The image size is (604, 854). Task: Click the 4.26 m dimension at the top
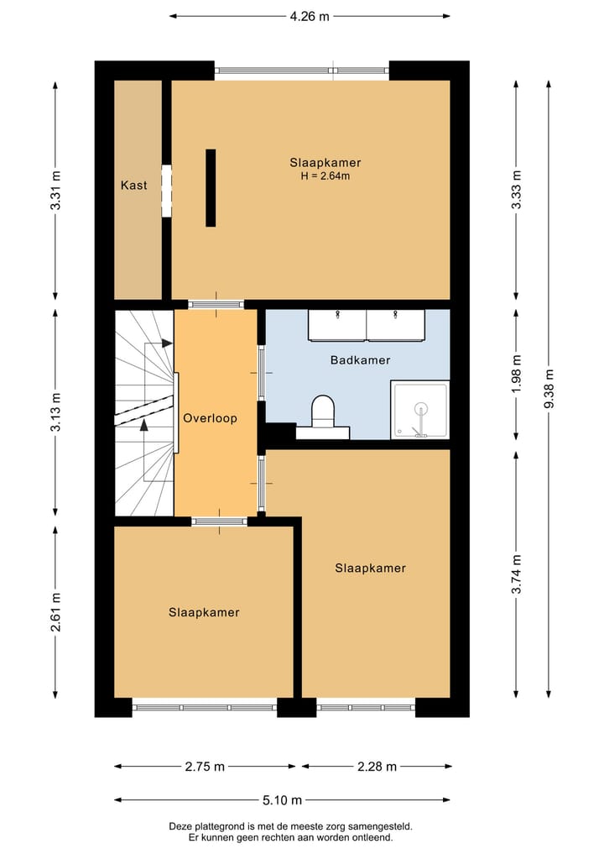click(310, 15)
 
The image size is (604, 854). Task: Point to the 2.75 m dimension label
click(205, 766)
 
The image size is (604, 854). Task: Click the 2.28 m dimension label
click(377, 766)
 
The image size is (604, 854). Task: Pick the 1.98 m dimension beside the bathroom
click(517, 375)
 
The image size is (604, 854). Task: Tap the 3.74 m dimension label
click(517, 574)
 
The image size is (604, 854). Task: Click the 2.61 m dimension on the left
click(55, 613)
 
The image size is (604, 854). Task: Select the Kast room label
click(133, 185)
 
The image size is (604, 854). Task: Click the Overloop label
click(211, 417)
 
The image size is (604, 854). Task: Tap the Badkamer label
click(360, 359)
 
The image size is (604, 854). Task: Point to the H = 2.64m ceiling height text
click(325, 176)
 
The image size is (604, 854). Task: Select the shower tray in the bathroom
click(420, 410)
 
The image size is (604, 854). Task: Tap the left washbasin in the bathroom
click(336, 326)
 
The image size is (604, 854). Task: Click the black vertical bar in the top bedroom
click(211, 188)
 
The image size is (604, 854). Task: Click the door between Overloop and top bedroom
click(216, 304)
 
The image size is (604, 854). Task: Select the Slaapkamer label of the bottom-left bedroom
click(203, 612)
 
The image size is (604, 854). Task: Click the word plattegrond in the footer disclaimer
click(223, 826)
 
